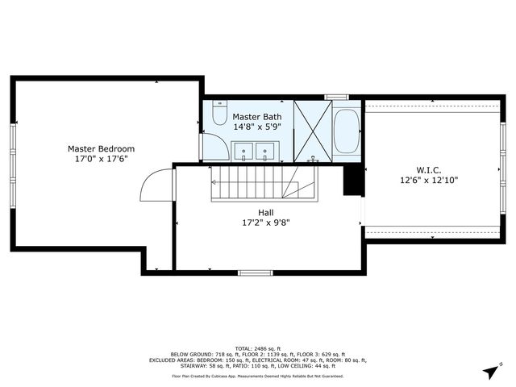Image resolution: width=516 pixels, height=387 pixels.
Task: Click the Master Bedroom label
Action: click(101, 148)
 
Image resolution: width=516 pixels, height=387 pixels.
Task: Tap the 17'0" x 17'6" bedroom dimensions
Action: click(101, 159)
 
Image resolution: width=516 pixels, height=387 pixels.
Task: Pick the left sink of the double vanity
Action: click(243, 150)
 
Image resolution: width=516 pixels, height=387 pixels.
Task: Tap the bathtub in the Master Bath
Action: click(347, 131)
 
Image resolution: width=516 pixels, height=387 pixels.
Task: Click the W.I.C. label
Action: click(428, 170)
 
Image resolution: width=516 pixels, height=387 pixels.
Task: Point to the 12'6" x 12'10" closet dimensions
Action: click(428, 181)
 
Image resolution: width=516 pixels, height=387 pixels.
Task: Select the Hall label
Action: click(265, 212)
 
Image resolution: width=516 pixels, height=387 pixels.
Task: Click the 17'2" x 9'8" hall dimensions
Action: click(265, 223)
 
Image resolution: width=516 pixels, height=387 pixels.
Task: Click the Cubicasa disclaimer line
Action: click(258, 376)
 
